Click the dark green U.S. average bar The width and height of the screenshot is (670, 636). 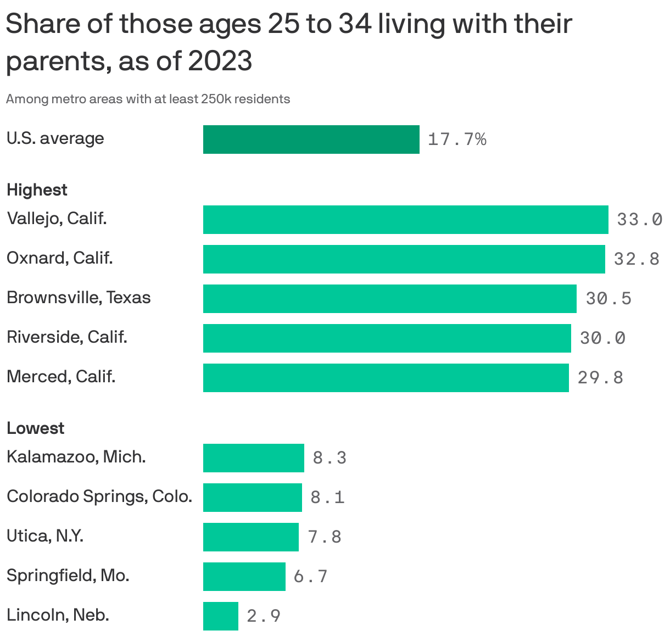(x=311, y=140)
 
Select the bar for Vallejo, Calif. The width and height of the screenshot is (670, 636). (x=405, y=220)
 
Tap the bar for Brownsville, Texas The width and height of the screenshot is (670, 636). (x=389, y=299)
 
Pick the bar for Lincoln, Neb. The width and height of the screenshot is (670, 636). (x=220, y=616)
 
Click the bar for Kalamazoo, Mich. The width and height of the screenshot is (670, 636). (x=253, y=458)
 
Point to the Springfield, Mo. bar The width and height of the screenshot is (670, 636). (x=244, y=577)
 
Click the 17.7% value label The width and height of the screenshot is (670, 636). (x=457, y=140)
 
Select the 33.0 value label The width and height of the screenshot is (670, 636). (x=639, y=220)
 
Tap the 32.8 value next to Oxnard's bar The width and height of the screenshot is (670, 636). (x=637, y=259)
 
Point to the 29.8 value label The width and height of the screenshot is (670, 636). (x=600, y=378)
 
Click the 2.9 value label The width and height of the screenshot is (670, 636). (x=264, y=616)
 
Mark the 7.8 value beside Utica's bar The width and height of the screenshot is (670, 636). (x=325, y=537)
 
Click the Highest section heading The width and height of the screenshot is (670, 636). (x=37, y=190)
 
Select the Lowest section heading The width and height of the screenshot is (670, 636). (x=35, y=428)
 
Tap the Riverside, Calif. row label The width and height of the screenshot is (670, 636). (x=67, y=337)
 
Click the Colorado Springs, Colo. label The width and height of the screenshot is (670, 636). (x=99, y=496)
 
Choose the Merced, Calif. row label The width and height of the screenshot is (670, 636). (x=61, y=377)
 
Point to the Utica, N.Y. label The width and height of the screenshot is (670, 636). (x=45, y=536)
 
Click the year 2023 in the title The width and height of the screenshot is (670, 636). (x=220, y=61)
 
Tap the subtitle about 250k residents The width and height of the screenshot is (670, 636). (x=148, y=99)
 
